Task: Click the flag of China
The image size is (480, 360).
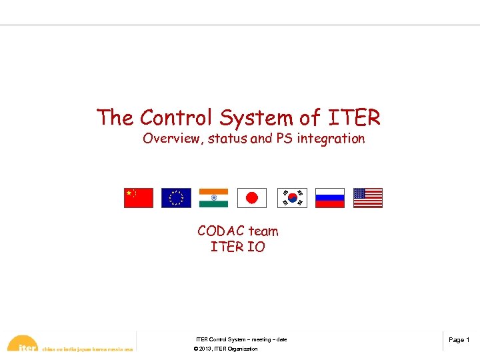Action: coord(138,198)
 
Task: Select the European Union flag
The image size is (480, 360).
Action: coord(176,198)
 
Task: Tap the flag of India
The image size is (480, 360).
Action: coord(213,198)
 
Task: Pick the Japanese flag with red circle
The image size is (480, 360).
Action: coord(251,198)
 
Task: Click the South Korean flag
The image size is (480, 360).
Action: coord(292,198)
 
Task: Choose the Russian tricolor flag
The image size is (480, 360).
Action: coord(329,198)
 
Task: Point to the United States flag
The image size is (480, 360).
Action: coord(368,198)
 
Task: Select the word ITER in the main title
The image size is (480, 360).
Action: coord(353,118)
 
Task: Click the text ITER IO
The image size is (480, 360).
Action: coord(237,247)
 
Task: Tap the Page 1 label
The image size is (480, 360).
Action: coord(459,340)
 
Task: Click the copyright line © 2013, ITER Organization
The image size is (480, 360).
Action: coord(225,349)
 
